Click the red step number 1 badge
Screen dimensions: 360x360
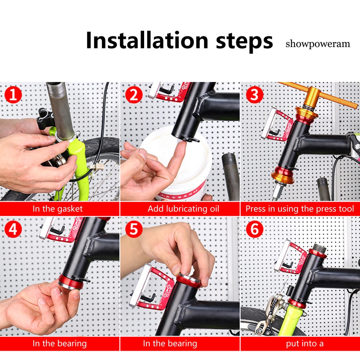13,95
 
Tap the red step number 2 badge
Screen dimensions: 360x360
134,95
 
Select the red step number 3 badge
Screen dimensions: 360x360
255,95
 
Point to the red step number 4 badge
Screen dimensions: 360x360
13,229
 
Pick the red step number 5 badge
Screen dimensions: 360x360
134,229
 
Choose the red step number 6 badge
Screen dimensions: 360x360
255,229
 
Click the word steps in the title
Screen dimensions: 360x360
244,41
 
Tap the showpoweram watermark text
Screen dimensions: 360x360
318,44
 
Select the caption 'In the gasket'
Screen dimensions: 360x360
58,209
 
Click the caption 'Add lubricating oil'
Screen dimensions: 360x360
183,209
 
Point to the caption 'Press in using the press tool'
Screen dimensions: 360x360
300,209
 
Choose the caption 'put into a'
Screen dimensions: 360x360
305,343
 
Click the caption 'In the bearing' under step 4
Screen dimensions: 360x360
60,343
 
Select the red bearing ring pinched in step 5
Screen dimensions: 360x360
189,281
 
